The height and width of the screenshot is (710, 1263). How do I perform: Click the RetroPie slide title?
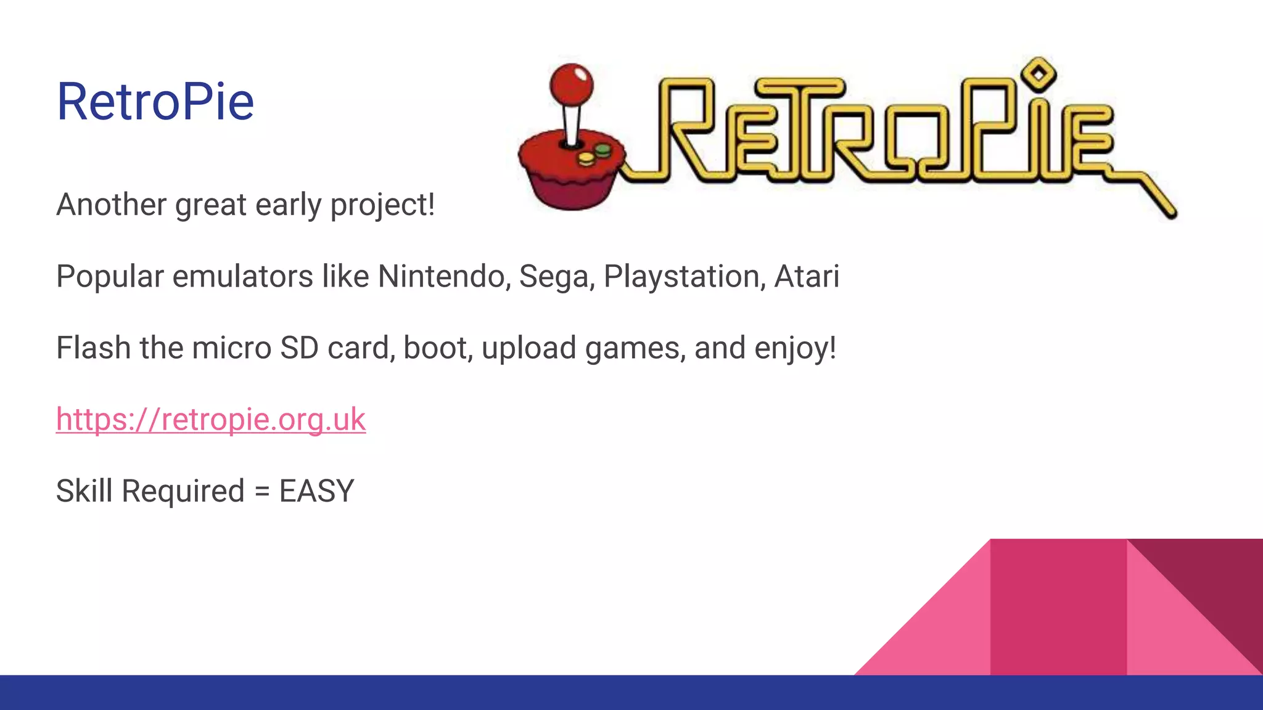point(155,102)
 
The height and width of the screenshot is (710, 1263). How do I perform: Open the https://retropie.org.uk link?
point(211,420)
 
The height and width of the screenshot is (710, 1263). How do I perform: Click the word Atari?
point(807,277)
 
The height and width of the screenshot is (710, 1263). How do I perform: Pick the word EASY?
point(316,491)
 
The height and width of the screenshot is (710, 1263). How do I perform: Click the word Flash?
point(93,348)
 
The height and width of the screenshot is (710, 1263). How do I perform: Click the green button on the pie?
point(603,149)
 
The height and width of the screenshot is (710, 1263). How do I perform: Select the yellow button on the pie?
point(586,158)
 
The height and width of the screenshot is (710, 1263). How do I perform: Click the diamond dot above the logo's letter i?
point(1039,75)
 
